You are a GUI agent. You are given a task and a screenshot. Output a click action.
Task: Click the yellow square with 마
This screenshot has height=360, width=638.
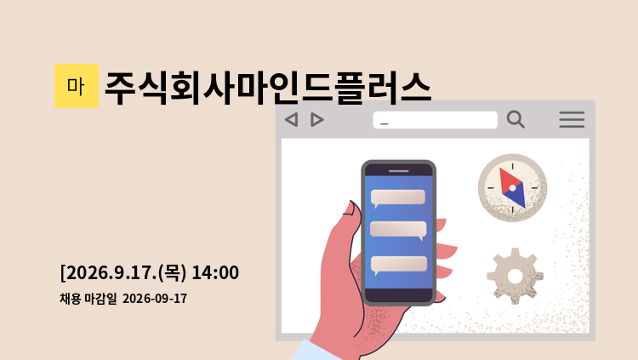(77, 86)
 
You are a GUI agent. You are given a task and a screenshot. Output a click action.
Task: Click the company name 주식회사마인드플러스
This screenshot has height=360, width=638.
(268, 88)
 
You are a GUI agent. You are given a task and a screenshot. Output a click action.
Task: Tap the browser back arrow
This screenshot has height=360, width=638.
(291, 120)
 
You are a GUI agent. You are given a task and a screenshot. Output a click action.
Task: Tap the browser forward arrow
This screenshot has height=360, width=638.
(317, 120)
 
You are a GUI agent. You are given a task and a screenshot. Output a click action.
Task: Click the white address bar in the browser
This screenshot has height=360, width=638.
(435, 120)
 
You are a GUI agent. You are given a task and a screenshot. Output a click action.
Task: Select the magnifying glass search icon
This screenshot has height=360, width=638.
(516, 119)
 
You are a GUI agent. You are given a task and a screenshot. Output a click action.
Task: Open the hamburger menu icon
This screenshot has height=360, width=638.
(572, 120)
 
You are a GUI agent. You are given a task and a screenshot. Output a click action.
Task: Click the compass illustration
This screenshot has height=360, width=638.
(512, 188)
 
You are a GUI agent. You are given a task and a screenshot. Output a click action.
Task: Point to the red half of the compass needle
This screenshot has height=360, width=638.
(508, 181)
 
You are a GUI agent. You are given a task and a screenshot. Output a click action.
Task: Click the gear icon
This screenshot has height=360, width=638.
(516, 276)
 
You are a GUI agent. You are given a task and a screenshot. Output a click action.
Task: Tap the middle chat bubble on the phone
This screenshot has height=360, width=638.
(398, 230)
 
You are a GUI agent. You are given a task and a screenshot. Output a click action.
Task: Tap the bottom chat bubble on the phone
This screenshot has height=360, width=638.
(399, 265)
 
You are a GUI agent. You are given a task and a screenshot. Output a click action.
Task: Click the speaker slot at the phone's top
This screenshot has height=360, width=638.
(398, 171)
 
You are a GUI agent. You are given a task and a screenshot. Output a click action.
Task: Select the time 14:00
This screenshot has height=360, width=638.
(215, 272)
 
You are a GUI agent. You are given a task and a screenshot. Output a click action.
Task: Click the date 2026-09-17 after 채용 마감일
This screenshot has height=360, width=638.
(155, 299)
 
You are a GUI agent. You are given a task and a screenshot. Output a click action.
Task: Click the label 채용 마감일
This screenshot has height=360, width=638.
(88, 299)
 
